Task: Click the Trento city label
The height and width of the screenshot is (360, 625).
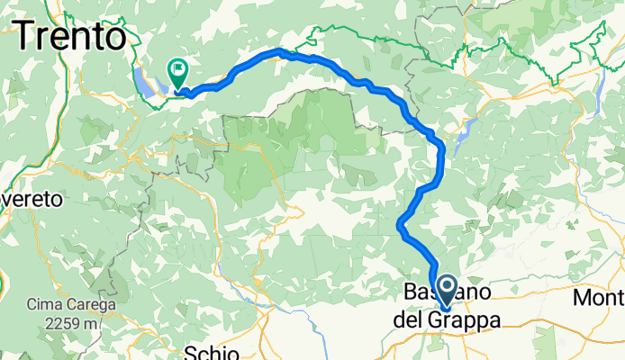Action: [70, 37]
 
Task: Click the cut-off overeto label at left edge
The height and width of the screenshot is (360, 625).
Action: [32, 199]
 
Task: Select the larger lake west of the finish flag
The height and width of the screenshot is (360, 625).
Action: [147, 81]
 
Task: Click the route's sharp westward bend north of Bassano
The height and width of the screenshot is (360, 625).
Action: [399, 226]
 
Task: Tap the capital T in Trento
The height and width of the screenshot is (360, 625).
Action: [26, 37]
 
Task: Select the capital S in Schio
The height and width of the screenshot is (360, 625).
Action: [191, 352]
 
